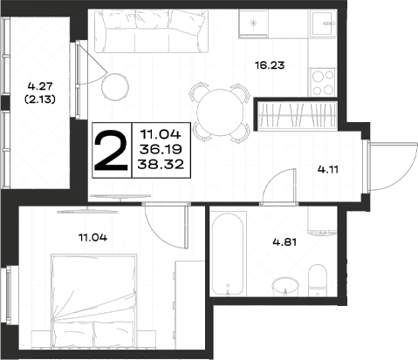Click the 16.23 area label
pos(270,65)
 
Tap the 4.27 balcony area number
pos(40,86)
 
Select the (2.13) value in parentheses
pos(40,99)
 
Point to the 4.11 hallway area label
pos(328,169)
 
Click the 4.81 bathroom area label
pos(284,241)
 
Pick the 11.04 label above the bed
pos(93,238)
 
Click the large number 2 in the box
pos(111,150)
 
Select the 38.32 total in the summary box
pos(161,165)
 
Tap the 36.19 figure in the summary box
pos(161,150)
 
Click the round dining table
pos(220,112)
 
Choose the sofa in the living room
pos(152,31)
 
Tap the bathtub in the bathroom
pos(227,254)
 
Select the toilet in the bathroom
pos(318,280)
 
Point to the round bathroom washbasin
pos(285,286)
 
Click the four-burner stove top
pos(323,82)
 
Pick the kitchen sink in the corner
pos(323,24)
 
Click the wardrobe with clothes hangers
pos(298,115)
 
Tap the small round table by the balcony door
pos(115,86)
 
